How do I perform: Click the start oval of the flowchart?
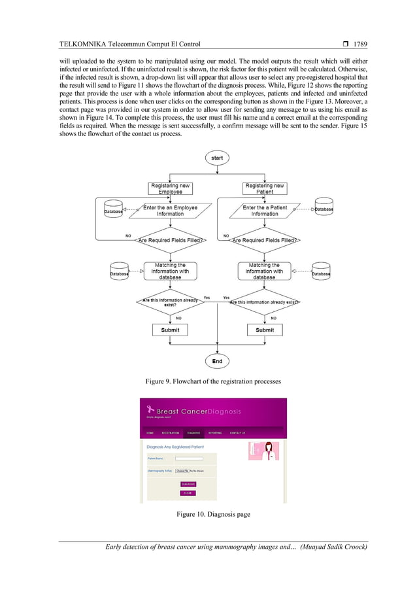click(x=217, y=158)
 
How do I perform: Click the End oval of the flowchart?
click(x=217, y=360)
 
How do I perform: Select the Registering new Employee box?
click(x=170, y=189)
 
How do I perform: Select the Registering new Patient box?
click(x=264, y=189)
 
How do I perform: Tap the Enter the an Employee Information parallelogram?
click(x=170, y=211)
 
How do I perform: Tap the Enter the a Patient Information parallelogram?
click(x=264, y=211)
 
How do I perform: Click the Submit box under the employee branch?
click(x=170, y=330)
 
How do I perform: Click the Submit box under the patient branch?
click(x=265, y=330)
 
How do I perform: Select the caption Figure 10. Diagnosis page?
click(x=213, y=515)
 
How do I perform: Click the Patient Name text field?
click(x=189, y=458)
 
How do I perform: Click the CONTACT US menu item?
click(x=237, y=433)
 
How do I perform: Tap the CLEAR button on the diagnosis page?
click(x=188, y=493)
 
